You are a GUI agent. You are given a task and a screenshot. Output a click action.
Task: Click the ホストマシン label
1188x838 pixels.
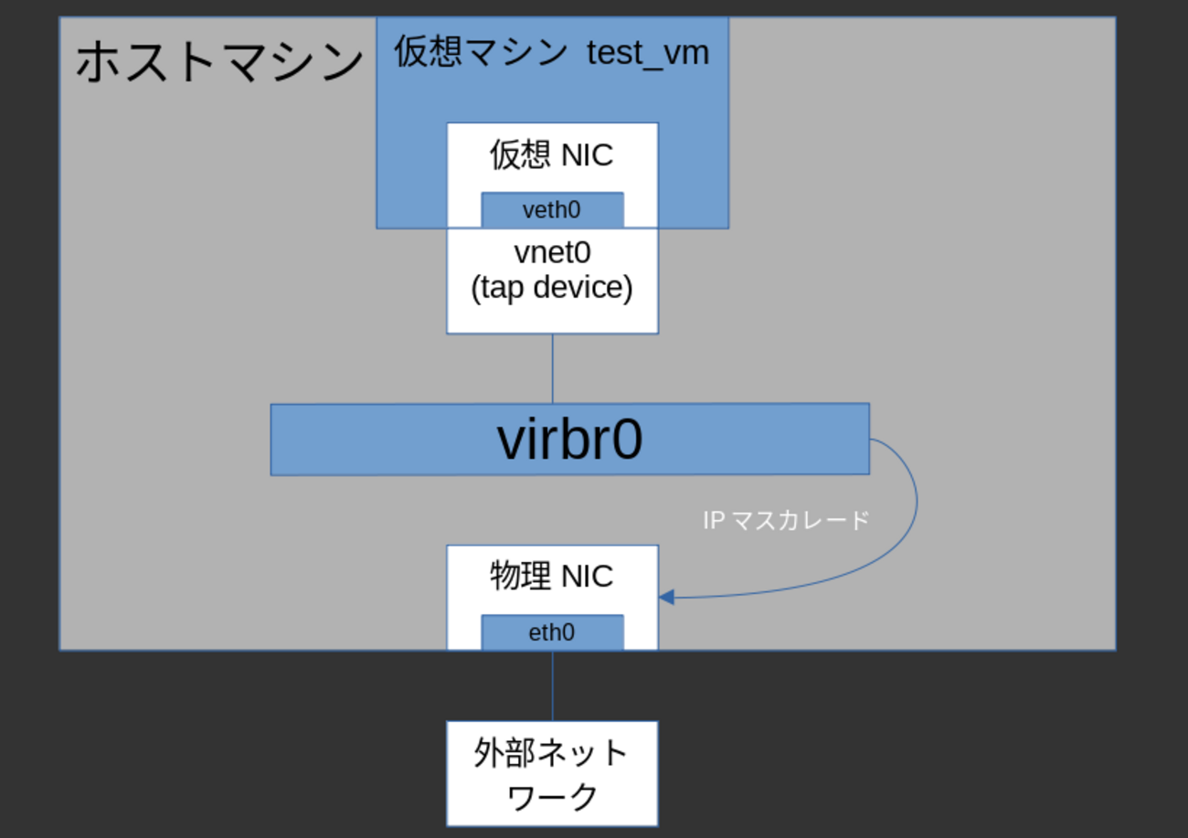pos(218,63)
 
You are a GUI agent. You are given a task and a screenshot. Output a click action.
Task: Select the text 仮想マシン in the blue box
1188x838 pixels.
pos(481,52)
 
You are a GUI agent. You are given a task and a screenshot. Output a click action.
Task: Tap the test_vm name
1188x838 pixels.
pos(648,52)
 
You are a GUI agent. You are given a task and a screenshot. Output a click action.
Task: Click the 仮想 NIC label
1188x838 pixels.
pos(551,155)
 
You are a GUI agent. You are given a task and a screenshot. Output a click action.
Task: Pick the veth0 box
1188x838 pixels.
pos(552,210)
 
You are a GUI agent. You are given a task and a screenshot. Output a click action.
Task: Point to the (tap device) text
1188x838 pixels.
pos(552,287)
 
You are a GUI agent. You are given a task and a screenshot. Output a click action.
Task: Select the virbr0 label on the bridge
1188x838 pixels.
pos(569,440)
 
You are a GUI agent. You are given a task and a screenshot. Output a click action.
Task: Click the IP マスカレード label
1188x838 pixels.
pos(786,521)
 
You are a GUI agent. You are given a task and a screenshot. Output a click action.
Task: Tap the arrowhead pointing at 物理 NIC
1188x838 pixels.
pos(666,598)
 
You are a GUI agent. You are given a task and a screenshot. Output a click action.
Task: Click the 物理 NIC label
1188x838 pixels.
pos(551,577)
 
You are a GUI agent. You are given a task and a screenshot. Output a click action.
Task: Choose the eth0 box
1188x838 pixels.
pos(552,632)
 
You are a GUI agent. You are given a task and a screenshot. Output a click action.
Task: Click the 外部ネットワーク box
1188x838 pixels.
pos(552,773)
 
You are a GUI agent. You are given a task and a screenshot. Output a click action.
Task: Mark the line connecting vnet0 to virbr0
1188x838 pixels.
pos(552,368)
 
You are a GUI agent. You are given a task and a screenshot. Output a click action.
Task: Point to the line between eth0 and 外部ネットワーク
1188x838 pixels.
pos(552,685)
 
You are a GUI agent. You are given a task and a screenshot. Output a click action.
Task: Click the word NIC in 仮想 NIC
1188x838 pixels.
pos(587,155)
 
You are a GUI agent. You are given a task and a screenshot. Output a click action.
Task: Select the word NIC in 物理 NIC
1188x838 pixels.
pos(587,577)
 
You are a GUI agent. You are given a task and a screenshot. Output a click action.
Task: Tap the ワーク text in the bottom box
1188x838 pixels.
pos(552,796)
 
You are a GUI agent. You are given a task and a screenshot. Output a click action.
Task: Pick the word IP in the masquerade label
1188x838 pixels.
pos(713,521)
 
